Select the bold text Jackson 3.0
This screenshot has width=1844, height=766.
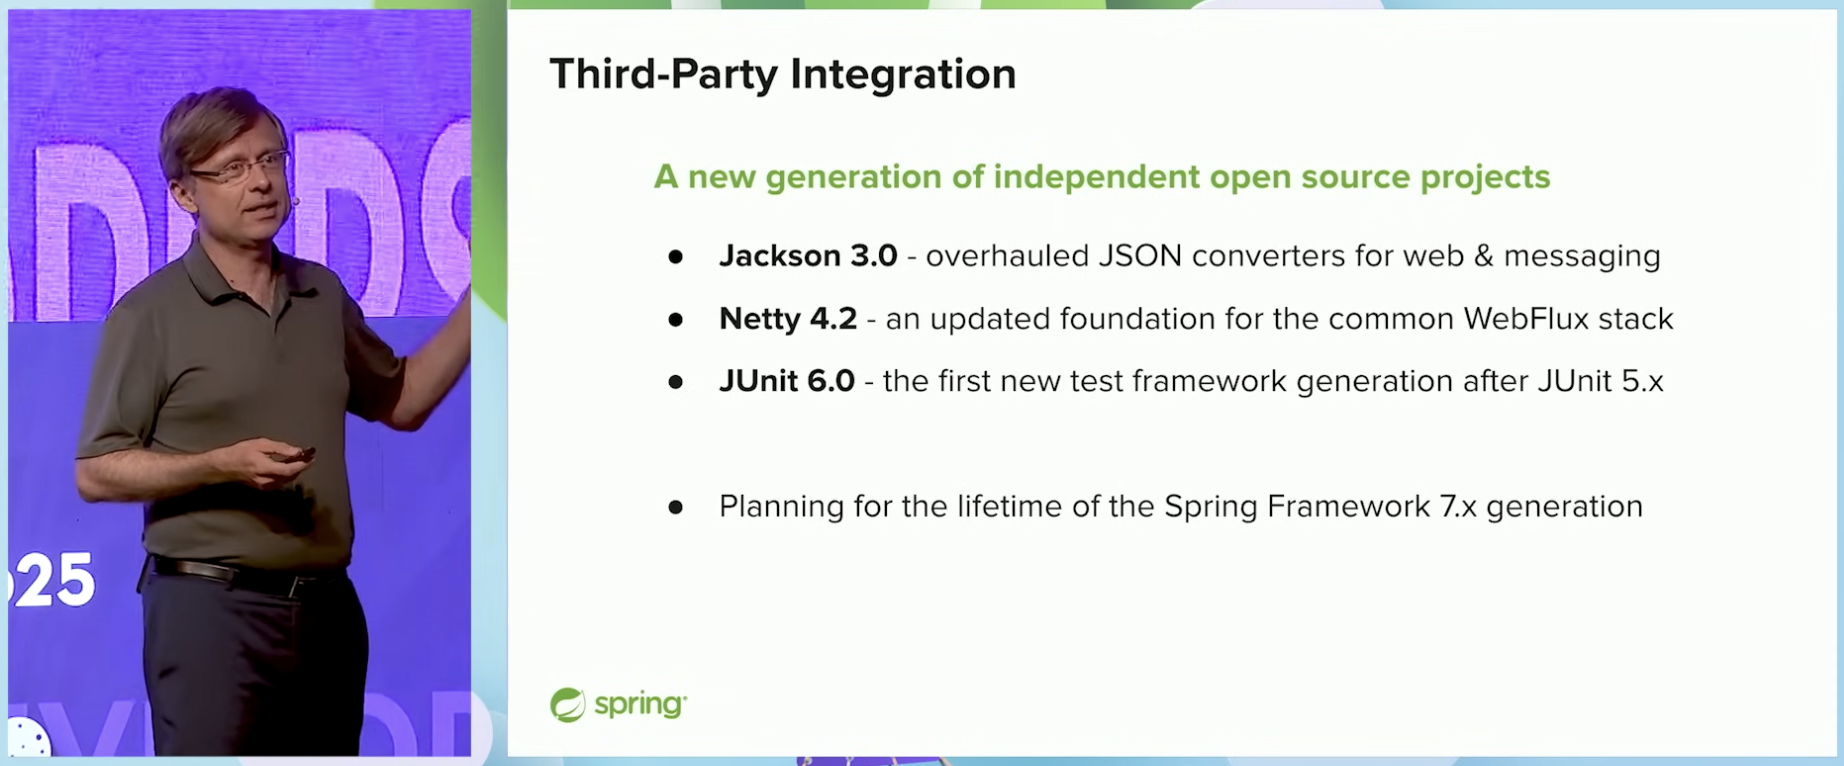808,255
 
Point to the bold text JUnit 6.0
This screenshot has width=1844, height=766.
787,380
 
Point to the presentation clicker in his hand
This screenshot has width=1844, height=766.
294,455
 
